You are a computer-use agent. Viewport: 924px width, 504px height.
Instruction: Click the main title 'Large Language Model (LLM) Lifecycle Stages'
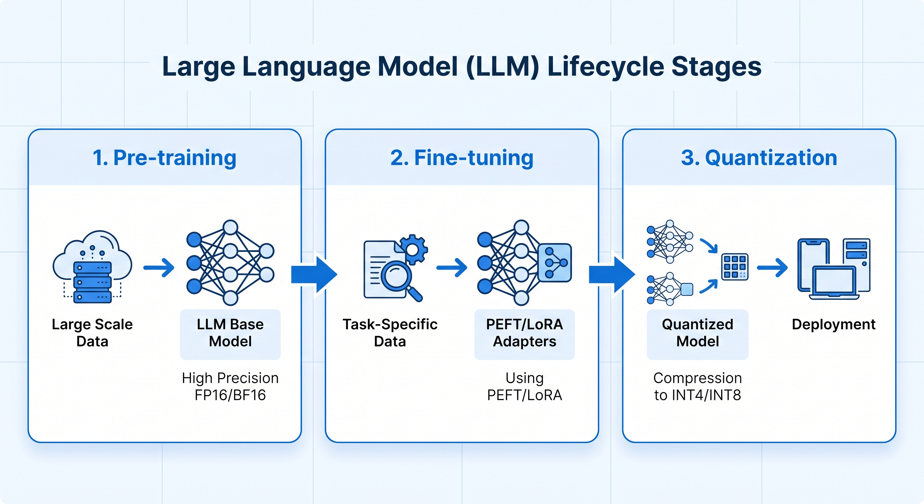462,67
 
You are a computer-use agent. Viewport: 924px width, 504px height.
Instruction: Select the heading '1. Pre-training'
165,158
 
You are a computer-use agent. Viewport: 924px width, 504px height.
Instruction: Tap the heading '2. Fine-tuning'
462,158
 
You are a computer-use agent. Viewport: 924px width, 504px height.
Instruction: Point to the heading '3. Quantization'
759,158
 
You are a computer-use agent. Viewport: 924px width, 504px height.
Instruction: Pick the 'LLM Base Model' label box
230,334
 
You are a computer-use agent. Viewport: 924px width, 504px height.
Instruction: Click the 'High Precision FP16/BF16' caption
230,386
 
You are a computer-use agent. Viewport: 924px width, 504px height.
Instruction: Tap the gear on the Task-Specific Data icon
413,249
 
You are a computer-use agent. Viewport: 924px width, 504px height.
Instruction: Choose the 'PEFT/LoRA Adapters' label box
524,334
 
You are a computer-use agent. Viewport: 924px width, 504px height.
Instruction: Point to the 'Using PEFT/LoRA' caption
524,386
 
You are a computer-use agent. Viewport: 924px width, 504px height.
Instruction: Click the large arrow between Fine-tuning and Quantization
612,275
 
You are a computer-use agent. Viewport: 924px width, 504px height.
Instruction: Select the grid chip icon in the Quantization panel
735,266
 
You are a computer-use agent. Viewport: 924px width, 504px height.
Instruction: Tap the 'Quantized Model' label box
698,334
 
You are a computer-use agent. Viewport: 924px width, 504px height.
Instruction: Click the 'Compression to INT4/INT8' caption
698,386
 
